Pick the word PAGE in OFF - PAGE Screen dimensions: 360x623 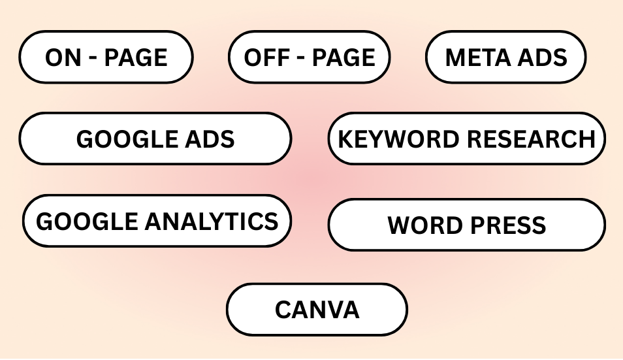coord(343,57)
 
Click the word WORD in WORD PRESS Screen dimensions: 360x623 coord(421,225)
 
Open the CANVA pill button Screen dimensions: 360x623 coord(317,309)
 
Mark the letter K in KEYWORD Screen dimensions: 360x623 coord(345,139)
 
